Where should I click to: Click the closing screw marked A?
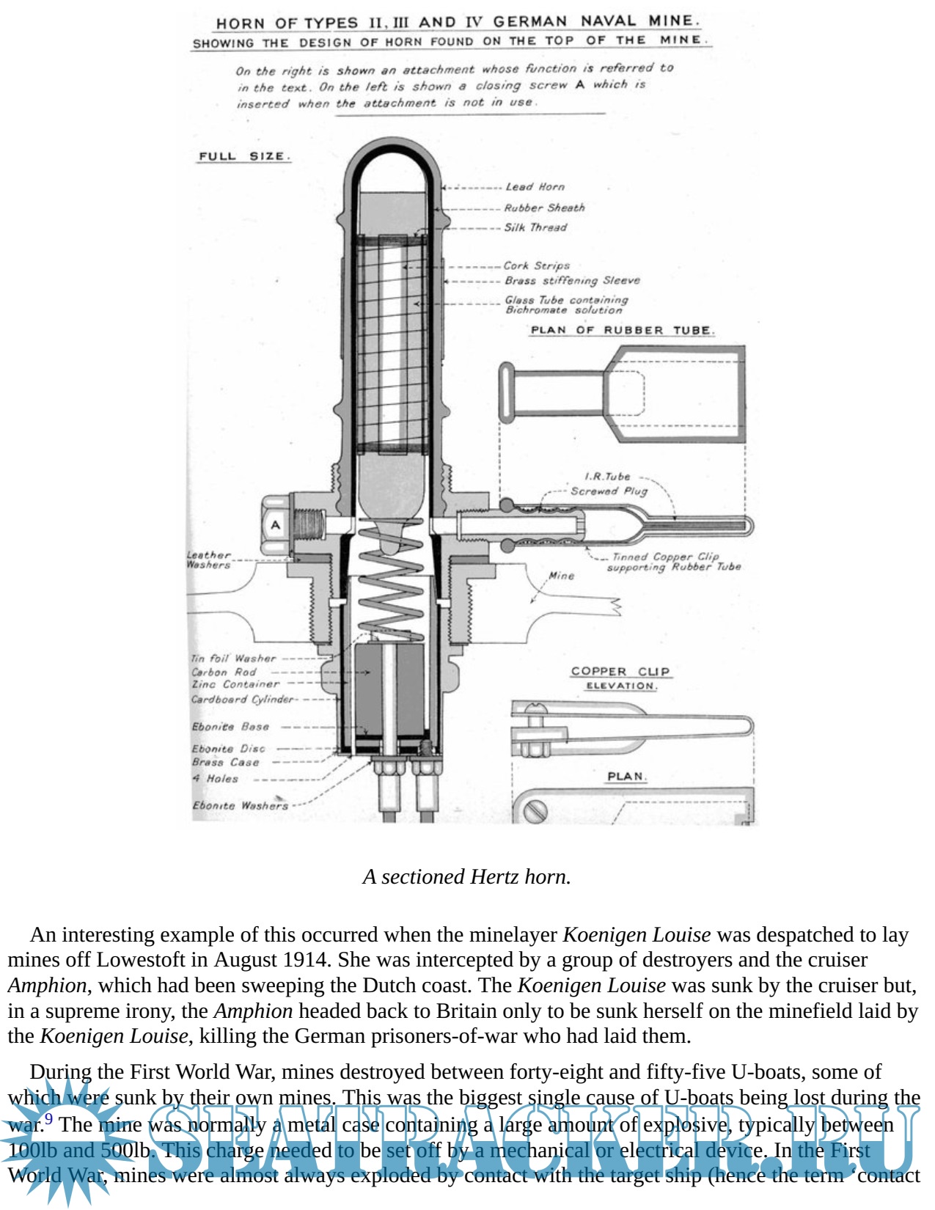[276, 524]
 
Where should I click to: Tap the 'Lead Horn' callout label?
[535, 187]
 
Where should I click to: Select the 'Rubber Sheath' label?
[544, 208]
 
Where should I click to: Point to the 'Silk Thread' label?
[535, 227]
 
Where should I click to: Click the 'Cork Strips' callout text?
[536, 265]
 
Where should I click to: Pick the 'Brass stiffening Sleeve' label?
[572, 280]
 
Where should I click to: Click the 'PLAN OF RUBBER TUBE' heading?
[621, 330]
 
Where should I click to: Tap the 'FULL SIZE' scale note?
[244, 156]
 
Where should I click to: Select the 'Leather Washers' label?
[208, 560]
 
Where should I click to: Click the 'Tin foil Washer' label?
[233, 659]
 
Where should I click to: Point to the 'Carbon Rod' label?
[224, 672]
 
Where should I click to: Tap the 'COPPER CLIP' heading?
[620, 671]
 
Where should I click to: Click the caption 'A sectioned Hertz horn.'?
[466, 877]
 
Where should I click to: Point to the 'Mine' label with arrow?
[562, 576]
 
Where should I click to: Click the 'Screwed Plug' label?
[609, 491]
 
